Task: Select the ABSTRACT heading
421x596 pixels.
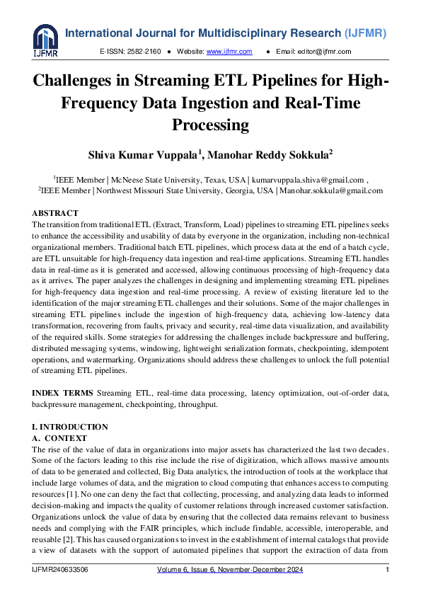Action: (54, 213)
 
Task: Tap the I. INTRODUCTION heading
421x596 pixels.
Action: (69, 427)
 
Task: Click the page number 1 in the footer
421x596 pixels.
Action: (387, 570)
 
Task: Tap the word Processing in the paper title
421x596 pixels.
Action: (210, 125)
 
